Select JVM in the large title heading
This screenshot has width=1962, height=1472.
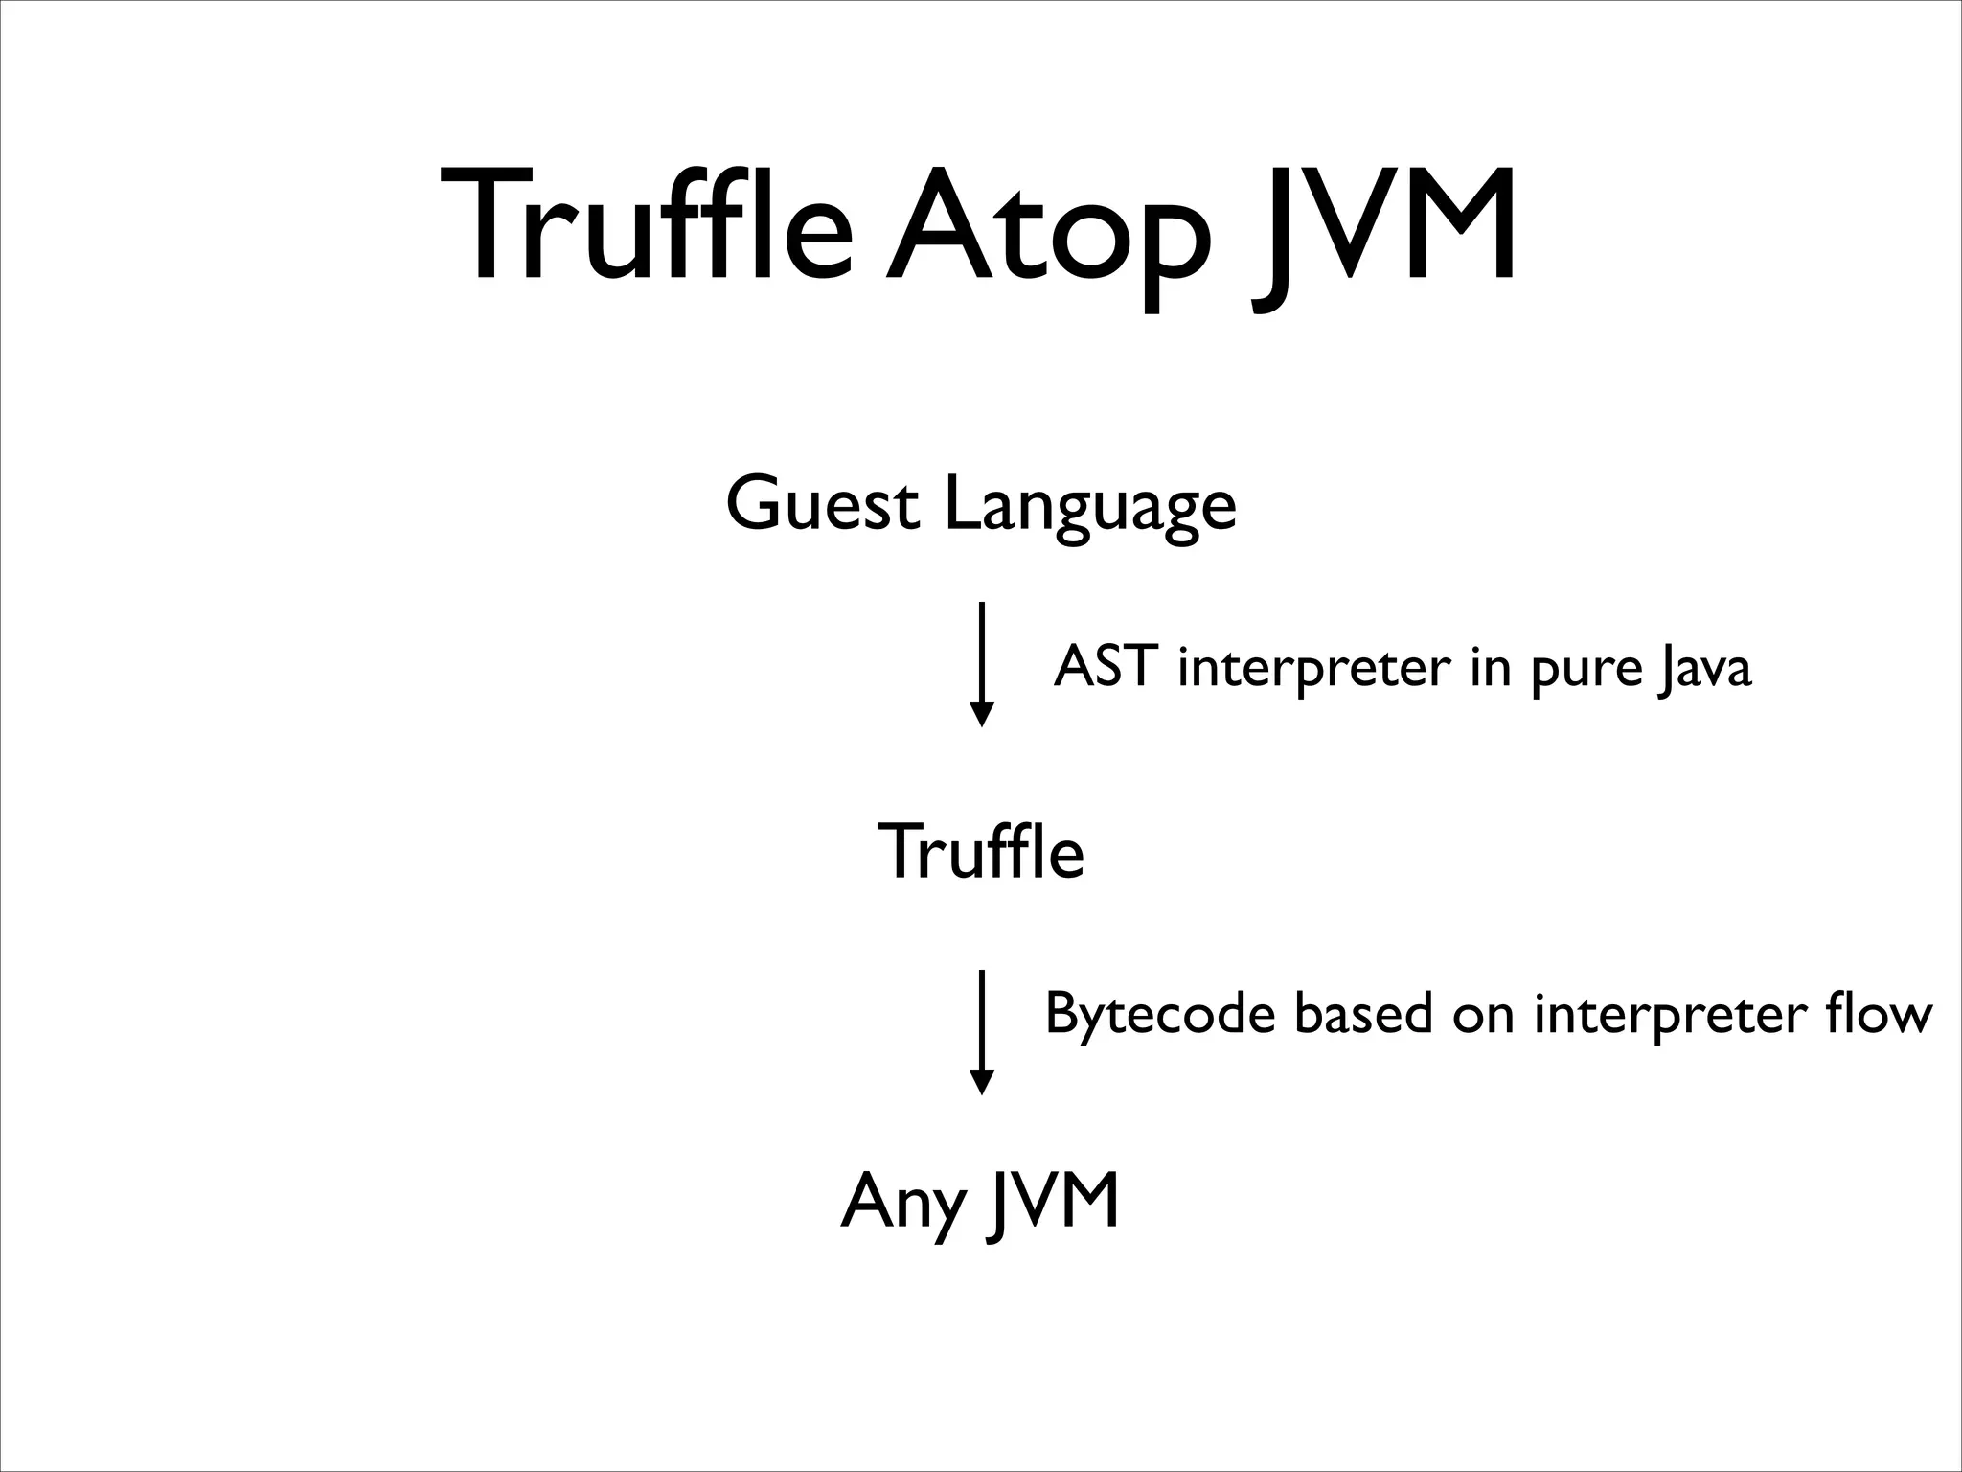pos(1384,230)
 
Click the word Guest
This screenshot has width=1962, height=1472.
pos(822,505)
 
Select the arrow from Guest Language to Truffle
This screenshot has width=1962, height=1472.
pos(981,661)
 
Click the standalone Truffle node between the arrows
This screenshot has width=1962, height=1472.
pos(980,851)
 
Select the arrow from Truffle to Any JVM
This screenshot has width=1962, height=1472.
pos(981,1030)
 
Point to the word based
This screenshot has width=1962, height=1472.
pos(1363,1014)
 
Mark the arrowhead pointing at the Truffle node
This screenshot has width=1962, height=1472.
pos(981,715)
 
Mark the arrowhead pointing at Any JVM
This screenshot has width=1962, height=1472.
pos(981,1082)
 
